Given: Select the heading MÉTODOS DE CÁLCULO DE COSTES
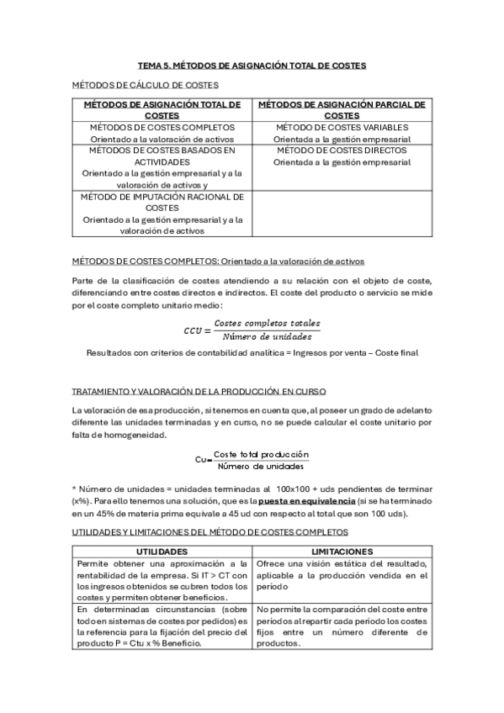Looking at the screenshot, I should (x=146, y=84).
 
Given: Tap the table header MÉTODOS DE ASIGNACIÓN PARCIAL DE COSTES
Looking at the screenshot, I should (x=341, y=109).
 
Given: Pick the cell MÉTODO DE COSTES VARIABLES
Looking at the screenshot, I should (x=342, y=127).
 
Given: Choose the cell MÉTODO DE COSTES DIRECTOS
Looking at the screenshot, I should (x=342, y=151).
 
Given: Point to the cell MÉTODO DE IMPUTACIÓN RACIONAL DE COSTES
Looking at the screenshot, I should (x=162, y=202).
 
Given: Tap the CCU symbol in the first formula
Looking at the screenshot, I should (x=194, y=330).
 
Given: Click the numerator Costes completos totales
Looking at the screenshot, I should (x=267, y=324).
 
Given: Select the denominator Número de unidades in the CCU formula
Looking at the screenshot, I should (x=267, y=336).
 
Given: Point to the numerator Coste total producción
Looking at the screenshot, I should (x=261, y=454).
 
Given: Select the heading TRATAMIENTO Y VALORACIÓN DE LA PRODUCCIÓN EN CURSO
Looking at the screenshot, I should (x=199, y=392).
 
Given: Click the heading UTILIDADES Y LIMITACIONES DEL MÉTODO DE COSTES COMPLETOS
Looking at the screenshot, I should (x=210, y=533).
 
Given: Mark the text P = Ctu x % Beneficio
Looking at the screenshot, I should (x=157, y=643).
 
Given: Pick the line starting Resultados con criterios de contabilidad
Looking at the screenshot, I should (x=252, y=353).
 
